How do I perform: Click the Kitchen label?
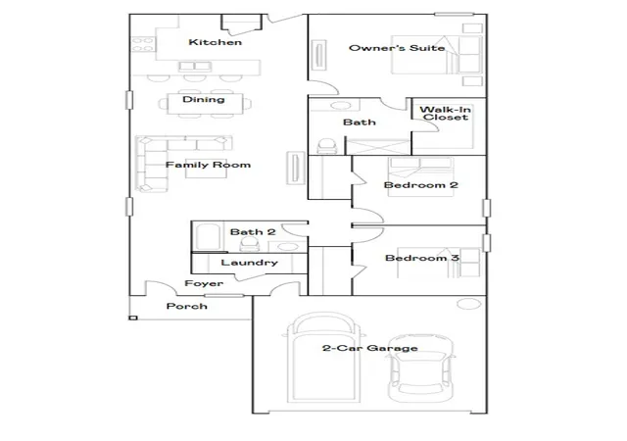point(216,42)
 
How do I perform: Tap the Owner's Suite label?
point(397,48)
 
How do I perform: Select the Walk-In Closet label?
point(445,114)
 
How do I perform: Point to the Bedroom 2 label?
point(420,185)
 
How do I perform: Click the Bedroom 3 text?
point(422,258)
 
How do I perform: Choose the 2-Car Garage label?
point(370,348)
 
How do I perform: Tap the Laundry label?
point(249,263)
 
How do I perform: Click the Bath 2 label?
point(253,231)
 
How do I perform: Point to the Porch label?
point(187,306)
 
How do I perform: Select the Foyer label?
point(204,283)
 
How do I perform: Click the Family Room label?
point(208,165)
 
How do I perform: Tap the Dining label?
point(204,99)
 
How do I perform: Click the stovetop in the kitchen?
point(143,44)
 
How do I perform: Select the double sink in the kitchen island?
point(195,67)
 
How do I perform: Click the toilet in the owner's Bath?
point(326,146)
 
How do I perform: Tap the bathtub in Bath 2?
point(208,236)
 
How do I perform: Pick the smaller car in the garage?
point(421,367)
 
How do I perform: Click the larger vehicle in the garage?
point(324,358)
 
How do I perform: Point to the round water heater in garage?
point(468,304)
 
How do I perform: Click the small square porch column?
point(133,318)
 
